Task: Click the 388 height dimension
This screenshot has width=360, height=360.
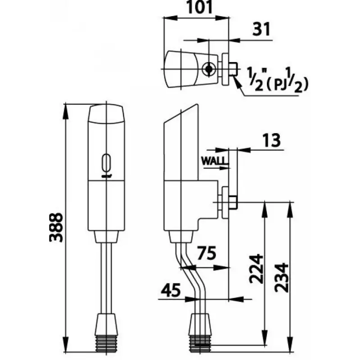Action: pyautogui.click(x=56, y=227)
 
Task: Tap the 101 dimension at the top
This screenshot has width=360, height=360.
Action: pyautogui.click(x=199, y=7)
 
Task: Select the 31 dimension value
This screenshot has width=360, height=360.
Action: pyautogui.click(x=261, y=29)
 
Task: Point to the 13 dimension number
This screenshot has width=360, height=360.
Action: pyautogui.click(x=271, y=140)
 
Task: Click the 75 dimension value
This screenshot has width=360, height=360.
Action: pyautogui.click(x=207, y=253)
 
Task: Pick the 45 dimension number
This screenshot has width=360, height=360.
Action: pyautogui.click(x=171, y=290)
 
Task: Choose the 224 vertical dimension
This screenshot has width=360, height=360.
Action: pyautogui.click(x=256, y=269)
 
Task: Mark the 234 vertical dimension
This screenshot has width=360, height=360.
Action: pyautogui.click(x=282, y=278)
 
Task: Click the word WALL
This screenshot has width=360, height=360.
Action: pyautogui.click(x=215, y=161)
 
